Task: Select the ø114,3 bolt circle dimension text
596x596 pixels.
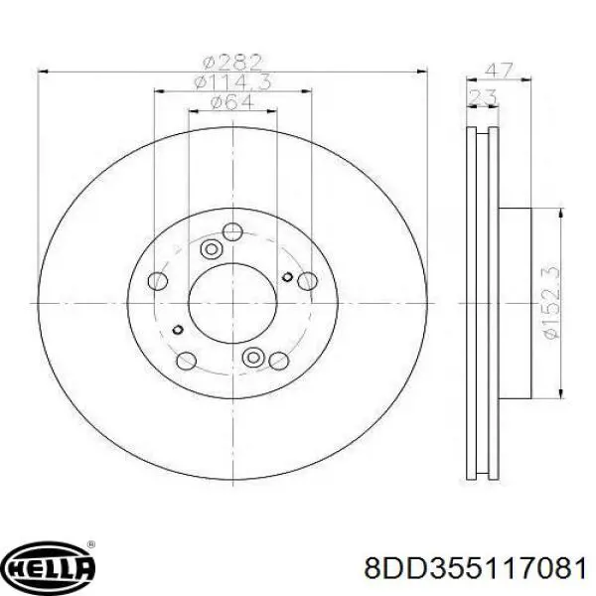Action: [x=232, y=81]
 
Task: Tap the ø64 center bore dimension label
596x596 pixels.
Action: [x=232, y=101]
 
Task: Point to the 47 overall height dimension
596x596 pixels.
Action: [x=500, y=71]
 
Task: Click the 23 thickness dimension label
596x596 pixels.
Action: [x=483, y=97]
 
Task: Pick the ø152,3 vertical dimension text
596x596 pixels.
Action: [x=552, y=302]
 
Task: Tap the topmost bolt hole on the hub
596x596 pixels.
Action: [x=232, y=231]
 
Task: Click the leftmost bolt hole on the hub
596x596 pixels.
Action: [x=158, y=281]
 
